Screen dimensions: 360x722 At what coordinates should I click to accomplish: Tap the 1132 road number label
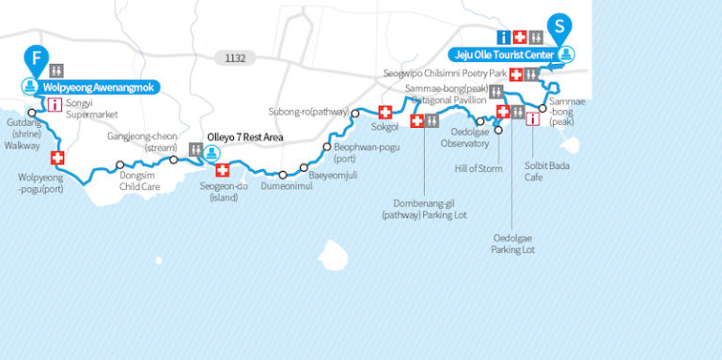point(235,58)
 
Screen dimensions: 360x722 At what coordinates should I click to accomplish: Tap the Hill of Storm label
point(475,167)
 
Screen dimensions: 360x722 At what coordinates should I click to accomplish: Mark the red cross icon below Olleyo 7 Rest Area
point(223,170)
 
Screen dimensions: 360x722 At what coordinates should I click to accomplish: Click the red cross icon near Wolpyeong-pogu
point(57,158)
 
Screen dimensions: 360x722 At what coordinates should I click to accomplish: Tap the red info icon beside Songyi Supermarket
point(55,104)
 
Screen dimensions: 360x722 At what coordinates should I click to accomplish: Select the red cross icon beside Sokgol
point(384,110)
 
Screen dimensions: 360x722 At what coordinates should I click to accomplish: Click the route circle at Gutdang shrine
point(32,114)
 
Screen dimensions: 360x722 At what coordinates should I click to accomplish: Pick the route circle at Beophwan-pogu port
point(326,147)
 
